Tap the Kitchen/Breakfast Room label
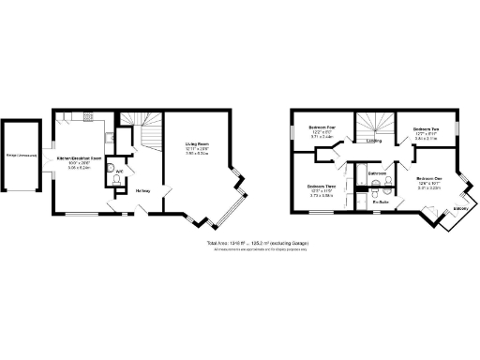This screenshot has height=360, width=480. tap(78, 161)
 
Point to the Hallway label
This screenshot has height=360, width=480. tap(143, 191)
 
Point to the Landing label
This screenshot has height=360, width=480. tap(373, 142)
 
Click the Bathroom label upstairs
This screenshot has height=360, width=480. tap(378, 173)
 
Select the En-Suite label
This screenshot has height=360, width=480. tap(381, 201)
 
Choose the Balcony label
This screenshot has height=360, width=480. tap(460, 208)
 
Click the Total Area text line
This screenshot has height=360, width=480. tap(258, 244)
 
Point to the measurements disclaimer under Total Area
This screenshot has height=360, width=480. tap(258, 250)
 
